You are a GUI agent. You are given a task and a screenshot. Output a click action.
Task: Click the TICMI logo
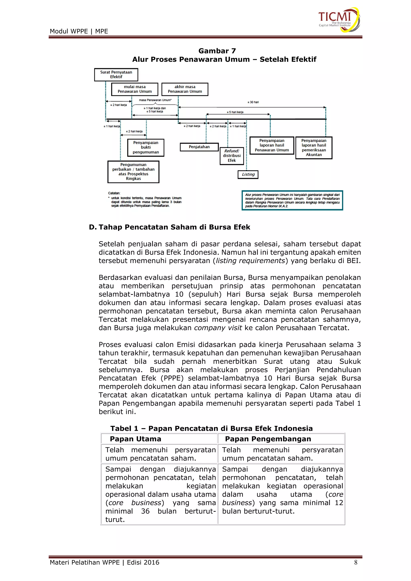point(339,19)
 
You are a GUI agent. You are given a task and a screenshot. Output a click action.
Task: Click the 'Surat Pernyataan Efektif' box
point(116,75)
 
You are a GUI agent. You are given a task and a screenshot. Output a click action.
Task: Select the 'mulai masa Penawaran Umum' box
point(135,89)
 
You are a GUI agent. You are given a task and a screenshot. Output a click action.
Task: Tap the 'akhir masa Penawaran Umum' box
point(185,89)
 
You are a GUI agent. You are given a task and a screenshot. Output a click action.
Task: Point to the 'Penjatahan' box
point(199,147)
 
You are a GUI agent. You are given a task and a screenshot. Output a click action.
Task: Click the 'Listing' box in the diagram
point(248,174)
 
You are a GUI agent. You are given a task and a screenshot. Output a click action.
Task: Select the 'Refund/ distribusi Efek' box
point(232,156)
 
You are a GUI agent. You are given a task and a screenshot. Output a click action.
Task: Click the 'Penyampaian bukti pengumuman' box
point(146,147)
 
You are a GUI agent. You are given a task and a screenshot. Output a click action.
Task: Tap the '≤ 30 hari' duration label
point(253,102)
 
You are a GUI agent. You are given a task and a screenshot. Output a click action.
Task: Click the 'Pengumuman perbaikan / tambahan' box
point(133,172)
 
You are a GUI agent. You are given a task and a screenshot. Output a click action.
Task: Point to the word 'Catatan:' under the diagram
point(114,193)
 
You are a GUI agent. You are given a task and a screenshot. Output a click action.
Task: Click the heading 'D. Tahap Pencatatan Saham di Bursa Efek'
point(169,227)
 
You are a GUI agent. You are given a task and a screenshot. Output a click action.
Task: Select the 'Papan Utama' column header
point(135,439)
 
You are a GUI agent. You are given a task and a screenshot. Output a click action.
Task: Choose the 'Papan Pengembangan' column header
point(268,439)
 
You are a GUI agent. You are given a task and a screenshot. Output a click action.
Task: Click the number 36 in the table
point(145,511)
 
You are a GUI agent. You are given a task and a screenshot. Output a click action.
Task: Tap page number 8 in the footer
point(356,563)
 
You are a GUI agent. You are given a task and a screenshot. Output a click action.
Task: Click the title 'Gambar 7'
point(217,51)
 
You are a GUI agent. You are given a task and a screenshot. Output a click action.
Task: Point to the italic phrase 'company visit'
point(218,328)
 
